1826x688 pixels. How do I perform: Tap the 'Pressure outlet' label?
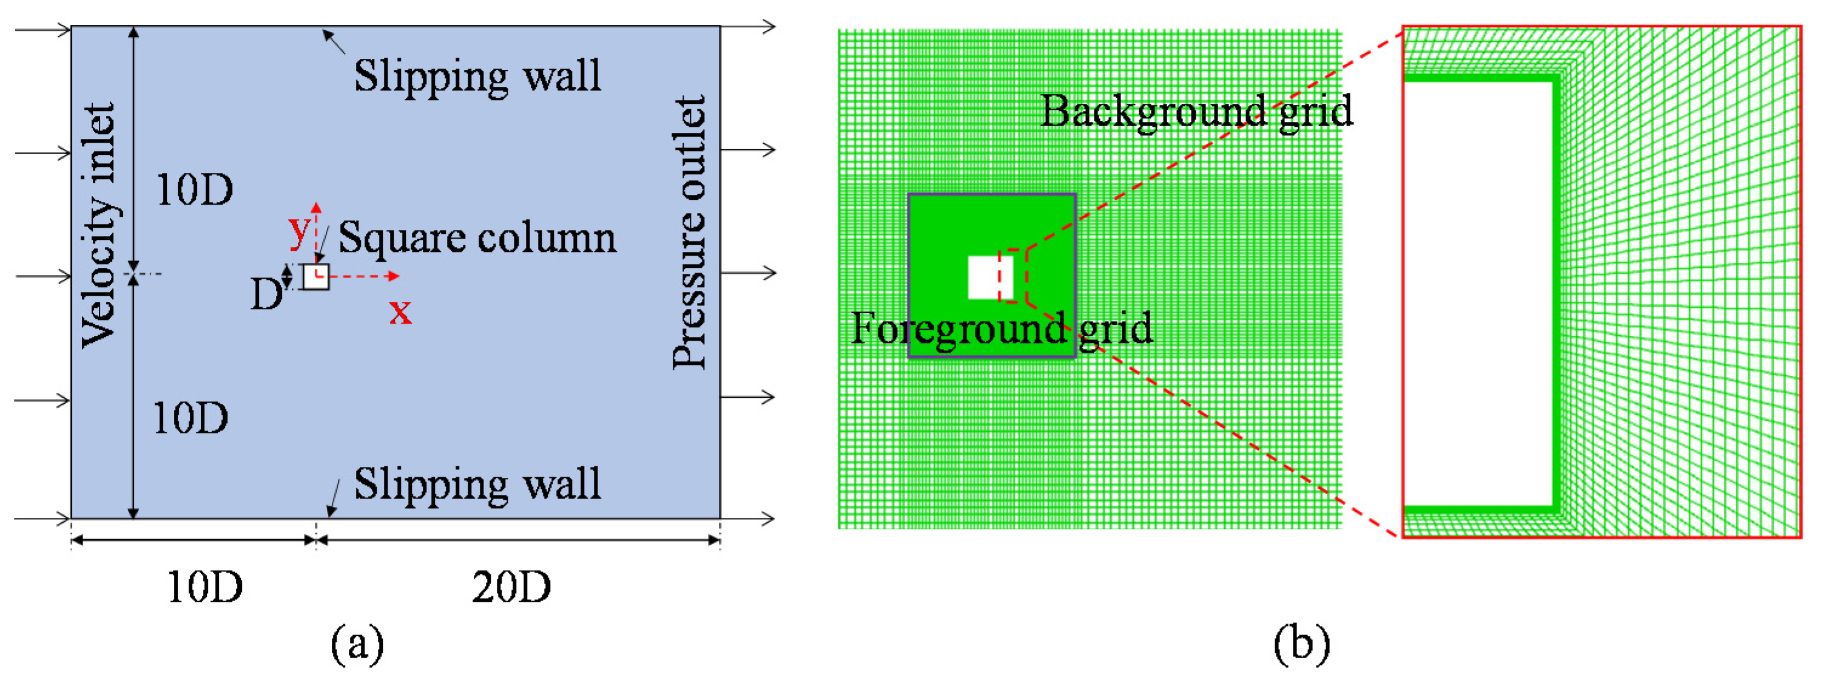(x=689, y=233)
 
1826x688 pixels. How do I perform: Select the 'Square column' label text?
(x=477, y=237)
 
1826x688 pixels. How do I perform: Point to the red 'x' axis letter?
(x=400, y=312)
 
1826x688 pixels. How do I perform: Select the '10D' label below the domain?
(x=205, y=587)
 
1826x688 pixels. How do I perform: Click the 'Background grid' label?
(x=1196, y=111)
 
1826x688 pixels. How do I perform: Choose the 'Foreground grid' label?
(x=1001, y=329)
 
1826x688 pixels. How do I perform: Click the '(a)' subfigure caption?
(x=357, y=644)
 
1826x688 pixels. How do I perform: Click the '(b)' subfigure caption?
(x=1301, y=644)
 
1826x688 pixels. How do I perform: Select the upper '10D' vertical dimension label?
(x=194, y=191)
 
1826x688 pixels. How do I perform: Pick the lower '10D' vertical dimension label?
(x=190, y=418)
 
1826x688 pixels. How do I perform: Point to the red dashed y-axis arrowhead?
(x=316, y=208)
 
